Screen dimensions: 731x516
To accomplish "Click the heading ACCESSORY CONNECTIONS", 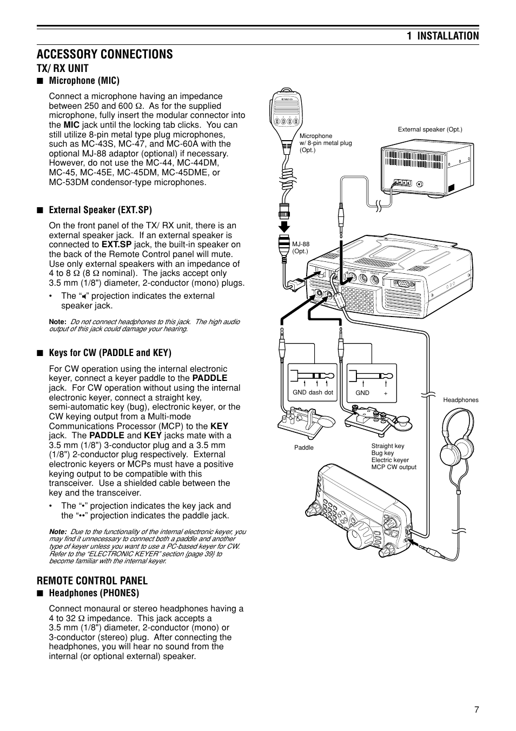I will pos(105,54).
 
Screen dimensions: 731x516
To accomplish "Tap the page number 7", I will pos(476,710).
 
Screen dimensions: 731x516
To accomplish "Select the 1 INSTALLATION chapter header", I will pos(443,36).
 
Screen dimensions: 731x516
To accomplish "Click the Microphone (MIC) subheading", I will pos(84,81).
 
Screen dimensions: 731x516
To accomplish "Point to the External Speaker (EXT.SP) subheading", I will pos(100,210).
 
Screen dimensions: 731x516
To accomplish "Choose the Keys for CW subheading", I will pos(110,353).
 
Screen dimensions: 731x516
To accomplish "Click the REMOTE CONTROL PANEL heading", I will pos(92,581).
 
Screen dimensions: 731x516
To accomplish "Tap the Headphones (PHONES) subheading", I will pos(94,593).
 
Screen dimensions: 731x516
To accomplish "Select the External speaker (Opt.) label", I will pos(430,129).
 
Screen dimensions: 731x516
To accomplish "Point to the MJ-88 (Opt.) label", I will pos(301,247).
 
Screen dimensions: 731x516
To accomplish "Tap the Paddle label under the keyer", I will pos(303,447).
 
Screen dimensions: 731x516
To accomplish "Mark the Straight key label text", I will pos(387,446).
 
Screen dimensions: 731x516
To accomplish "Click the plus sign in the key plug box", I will pos(386,393).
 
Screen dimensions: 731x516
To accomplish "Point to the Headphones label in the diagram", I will pos(460,400).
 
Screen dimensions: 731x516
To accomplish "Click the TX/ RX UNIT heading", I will pos(63,68).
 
